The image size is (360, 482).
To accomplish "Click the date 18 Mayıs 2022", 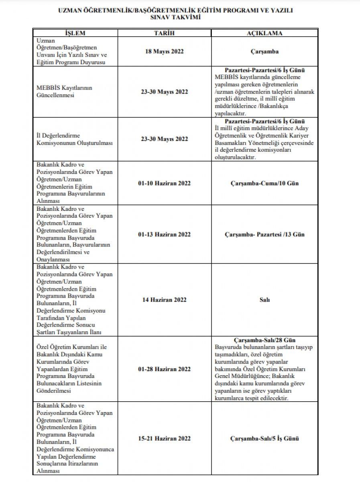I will pos(162,52).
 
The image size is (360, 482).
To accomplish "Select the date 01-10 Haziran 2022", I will pos(162,183).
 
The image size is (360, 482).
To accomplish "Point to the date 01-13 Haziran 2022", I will pos(162,234).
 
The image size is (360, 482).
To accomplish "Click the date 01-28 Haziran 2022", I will pos(162,369).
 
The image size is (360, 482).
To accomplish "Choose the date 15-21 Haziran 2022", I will pos(162,438).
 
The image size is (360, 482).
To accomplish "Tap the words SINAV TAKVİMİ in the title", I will pos(180,18).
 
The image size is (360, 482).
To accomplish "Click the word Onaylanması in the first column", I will pos(54,259).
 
